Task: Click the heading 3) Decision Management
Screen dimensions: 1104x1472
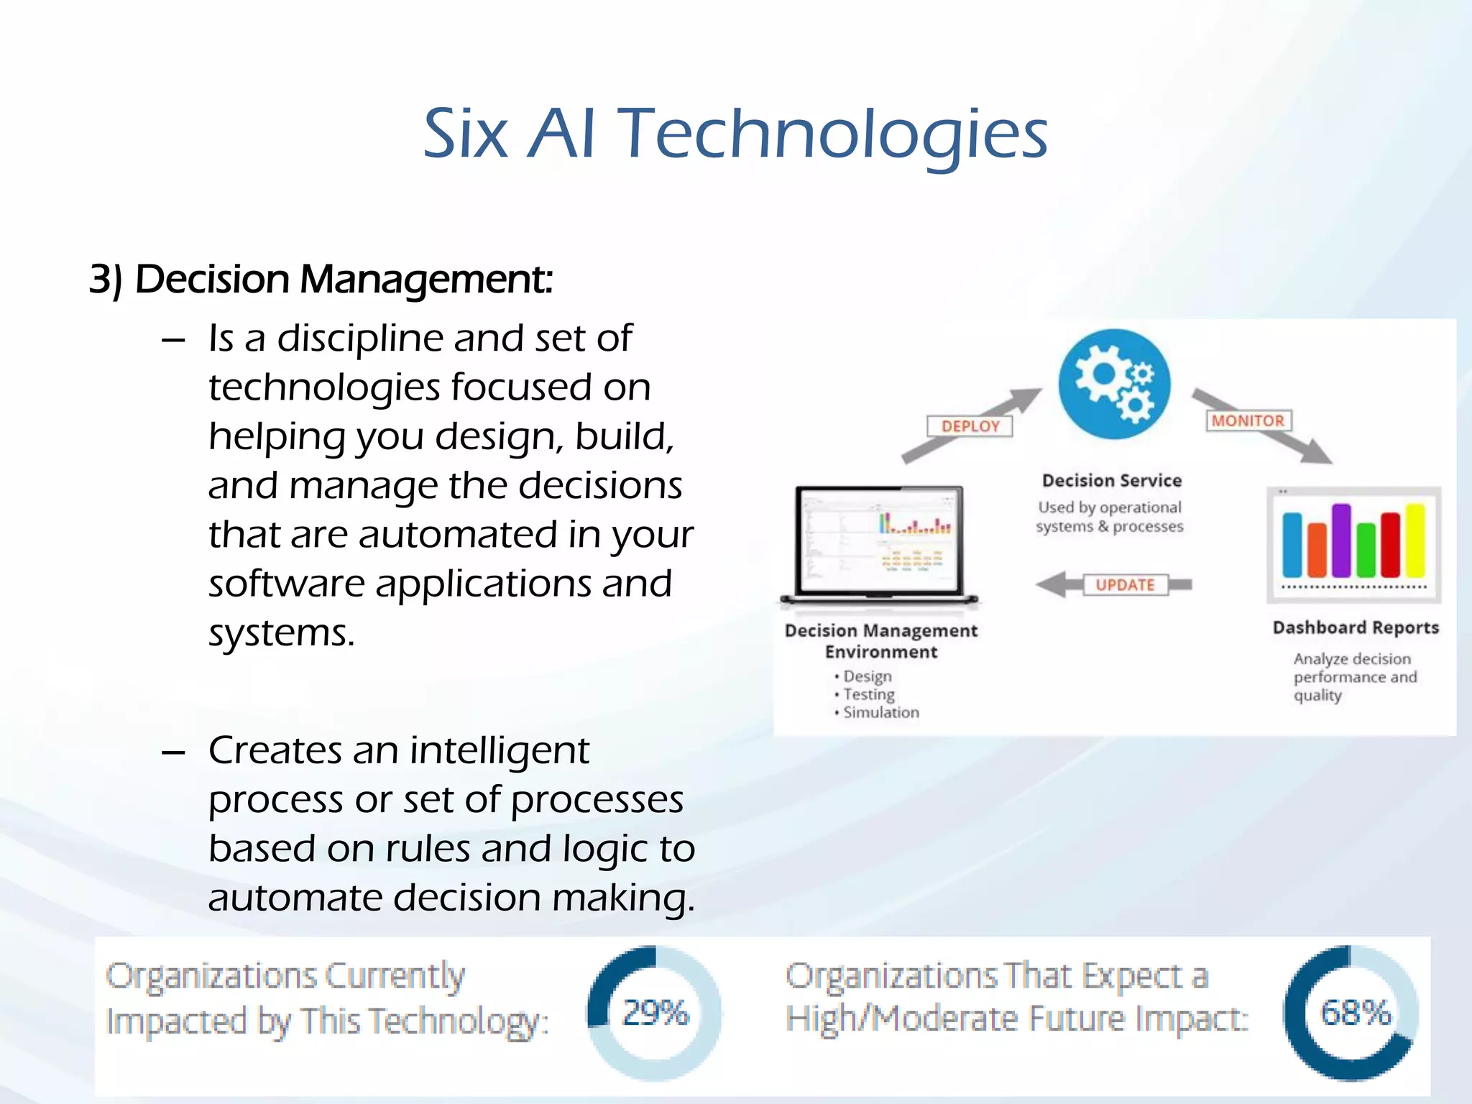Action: tap(321, 279)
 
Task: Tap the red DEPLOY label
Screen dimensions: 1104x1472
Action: tap(970, 426)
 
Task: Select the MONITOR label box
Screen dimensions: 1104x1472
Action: tap(1248, 420)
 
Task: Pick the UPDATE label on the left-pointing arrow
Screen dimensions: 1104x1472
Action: tap(1125, 585)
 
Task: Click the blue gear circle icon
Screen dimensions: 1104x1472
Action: tap(1113, 384)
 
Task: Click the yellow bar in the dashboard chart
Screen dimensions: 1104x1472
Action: tap(1415, 540)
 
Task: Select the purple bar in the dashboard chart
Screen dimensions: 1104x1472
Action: tap(1341, 540)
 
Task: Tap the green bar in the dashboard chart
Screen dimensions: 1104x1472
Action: tap(1366, 550)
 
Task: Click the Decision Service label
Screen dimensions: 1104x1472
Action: tap(1112, 481)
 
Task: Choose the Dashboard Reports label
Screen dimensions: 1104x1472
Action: tap(1356, 627)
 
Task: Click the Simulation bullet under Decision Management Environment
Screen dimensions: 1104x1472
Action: tap(880, 712)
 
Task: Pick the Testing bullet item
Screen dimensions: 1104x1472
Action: tap(868, 694)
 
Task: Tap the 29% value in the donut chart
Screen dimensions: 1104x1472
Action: tap(655, 1013)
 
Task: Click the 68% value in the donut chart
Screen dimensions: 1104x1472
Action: tap(1356, 1013)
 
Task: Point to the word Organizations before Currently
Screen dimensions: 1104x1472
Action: tap(211, 977)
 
